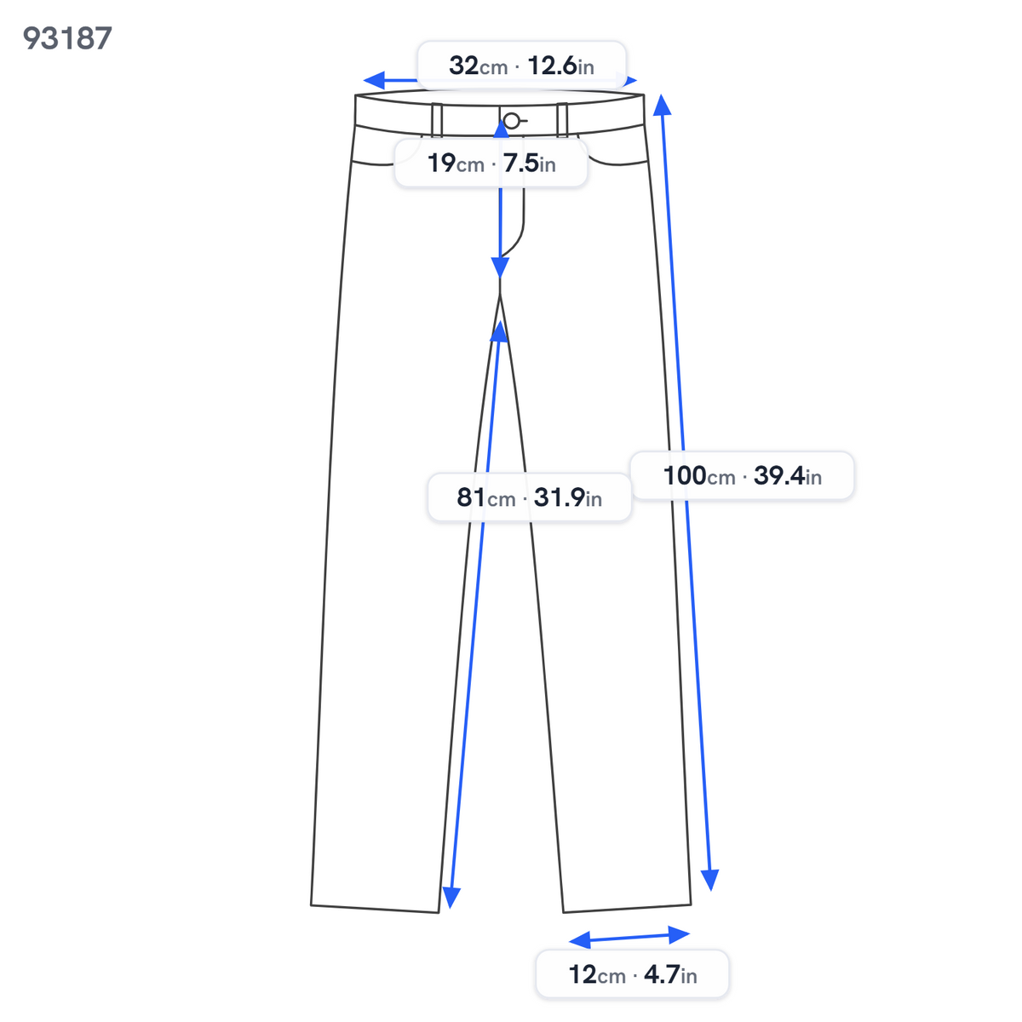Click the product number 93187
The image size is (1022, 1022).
coord(67,38)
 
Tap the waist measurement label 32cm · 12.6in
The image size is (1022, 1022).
coord(521,66)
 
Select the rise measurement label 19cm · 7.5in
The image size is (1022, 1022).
coord(491,163)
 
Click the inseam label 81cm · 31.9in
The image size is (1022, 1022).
coord(529,497)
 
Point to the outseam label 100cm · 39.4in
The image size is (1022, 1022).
coord(742,475)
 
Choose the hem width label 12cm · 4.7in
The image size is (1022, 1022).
coord(632,973)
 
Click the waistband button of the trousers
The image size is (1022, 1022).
coord(511,121)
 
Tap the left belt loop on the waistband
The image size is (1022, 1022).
coord(437,119)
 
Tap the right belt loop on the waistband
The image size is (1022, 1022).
coord(561,119)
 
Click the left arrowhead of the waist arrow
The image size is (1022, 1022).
coord(373,81)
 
